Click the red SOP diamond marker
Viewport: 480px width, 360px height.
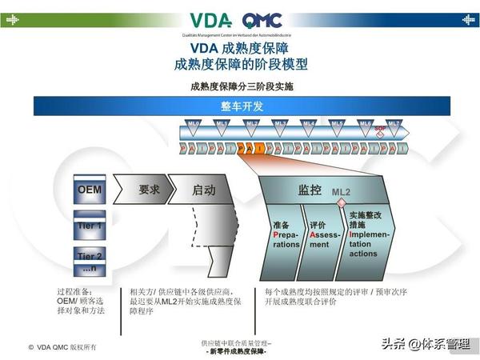tap(380, 134)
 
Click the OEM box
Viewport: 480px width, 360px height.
tap(89, 190)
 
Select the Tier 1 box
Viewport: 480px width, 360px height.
tap(89, 226)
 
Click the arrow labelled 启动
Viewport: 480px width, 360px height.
tap(204, 190)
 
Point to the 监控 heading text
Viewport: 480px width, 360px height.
tap(310, 190)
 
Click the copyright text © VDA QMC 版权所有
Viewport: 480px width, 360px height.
tap(63, 346)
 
